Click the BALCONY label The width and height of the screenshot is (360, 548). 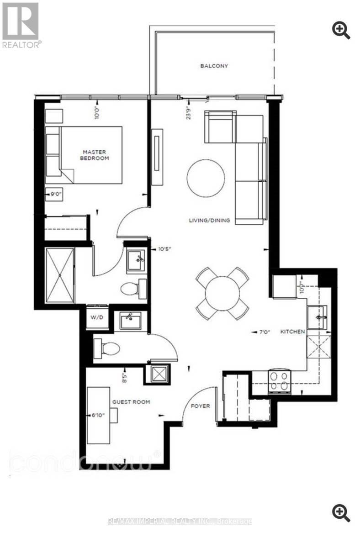pos(214,66)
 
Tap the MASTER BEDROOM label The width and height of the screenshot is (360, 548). pos(95,155)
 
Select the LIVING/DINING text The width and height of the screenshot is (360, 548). pos(210,221)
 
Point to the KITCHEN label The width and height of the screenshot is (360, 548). pos(292,332)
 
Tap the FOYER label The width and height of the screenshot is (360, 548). pos(201,406)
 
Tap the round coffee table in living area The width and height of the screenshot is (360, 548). pos(206,178)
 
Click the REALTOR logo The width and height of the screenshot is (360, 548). pos(21,25)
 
